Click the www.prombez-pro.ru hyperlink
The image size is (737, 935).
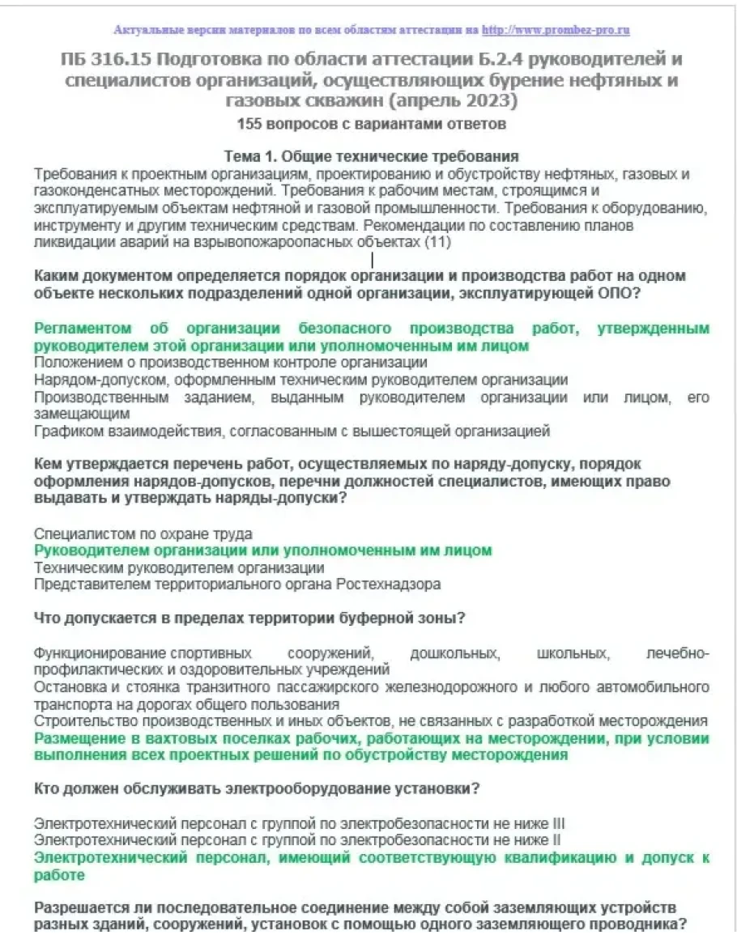[556, 31]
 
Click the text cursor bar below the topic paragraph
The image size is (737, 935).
[372, 261]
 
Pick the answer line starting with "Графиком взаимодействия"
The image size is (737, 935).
[292, 431]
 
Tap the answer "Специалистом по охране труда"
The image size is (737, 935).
[143, 533]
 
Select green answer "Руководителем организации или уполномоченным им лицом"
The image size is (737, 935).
[262, 550]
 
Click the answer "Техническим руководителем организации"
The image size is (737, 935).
[179, 567]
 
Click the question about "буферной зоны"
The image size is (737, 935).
[249, 620]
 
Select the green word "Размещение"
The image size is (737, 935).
[77, 739]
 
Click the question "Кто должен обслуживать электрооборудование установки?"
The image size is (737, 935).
[249, 790]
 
